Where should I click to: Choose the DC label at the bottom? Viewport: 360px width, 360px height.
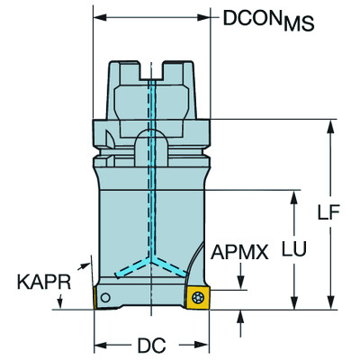(150, 345)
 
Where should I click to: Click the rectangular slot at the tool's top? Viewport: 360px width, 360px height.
(151, 67)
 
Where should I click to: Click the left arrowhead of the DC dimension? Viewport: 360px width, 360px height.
(100, 345)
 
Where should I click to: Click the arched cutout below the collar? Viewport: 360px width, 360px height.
(150, 142)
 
